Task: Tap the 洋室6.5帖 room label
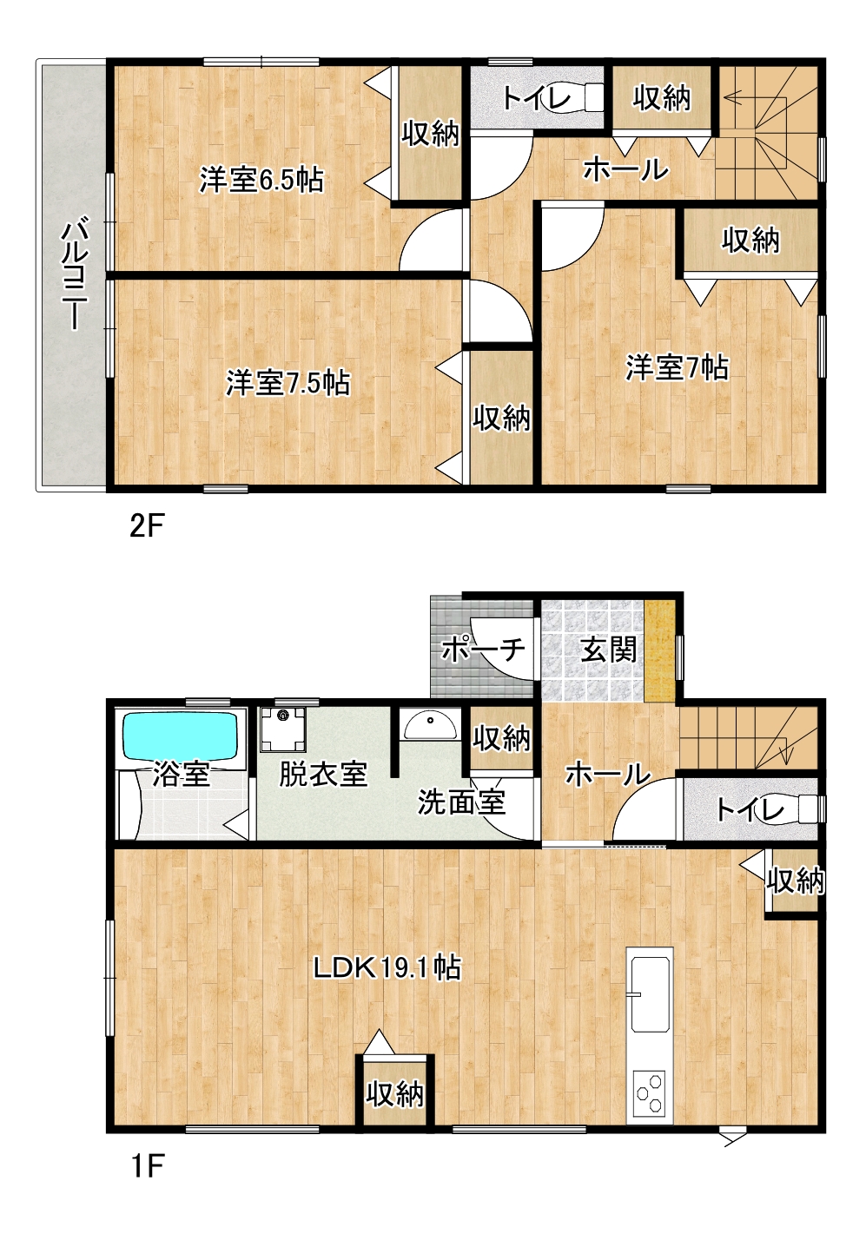point(261,180)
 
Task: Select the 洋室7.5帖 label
point(288,382)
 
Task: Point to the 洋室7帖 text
point(677,366)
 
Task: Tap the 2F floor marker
point(147,526)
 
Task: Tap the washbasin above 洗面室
point(431,725)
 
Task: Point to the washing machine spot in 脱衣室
point(283,729)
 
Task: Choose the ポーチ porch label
point(483,650)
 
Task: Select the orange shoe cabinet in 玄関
point(659,650)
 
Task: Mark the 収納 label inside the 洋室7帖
point(750,241)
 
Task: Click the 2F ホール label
point(625,169)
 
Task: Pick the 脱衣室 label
point(323,774)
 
